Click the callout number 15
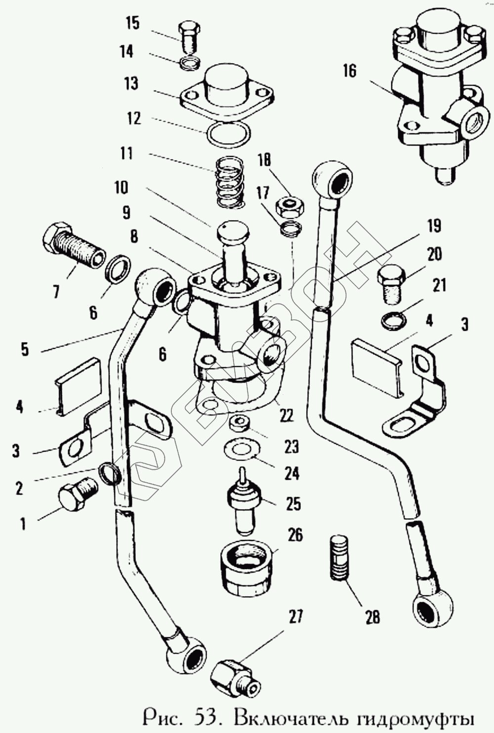[133, 23]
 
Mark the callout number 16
[349, 71]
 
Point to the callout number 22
[286, 415]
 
